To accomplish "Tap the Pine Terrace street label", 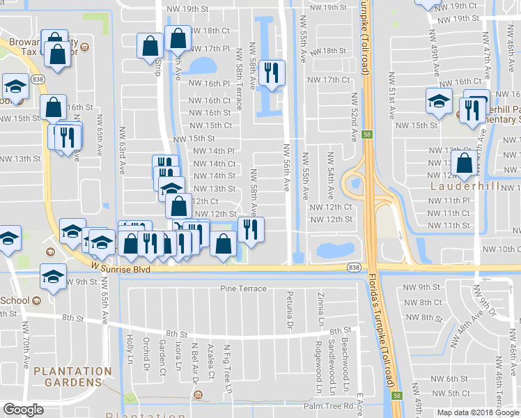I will pyautogui.click(x=243, y=288).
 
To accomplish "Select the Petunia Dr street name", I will pyautogui.click(x=288, y=311).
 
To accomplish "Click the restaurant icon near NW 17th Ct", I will pyautogui.click(x=271, y=72).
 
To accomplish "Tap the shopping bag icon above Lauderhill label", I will pyautogui.click(x=464, y=164).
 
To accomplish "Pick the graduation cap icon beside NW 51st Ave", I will pyautogui.click(x=439, y=102).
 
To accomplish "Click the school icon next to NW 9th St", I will pyautogui.click(x=53, y=277).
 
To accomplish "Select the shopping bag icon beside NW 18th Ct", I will pyautogui.click(x=178, y=39).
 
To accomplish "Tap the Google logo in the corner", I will pyautogui.click(x=23, y=410).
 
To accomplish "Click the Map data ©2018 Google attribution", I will pyautogui.click(x=478, y=412).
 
